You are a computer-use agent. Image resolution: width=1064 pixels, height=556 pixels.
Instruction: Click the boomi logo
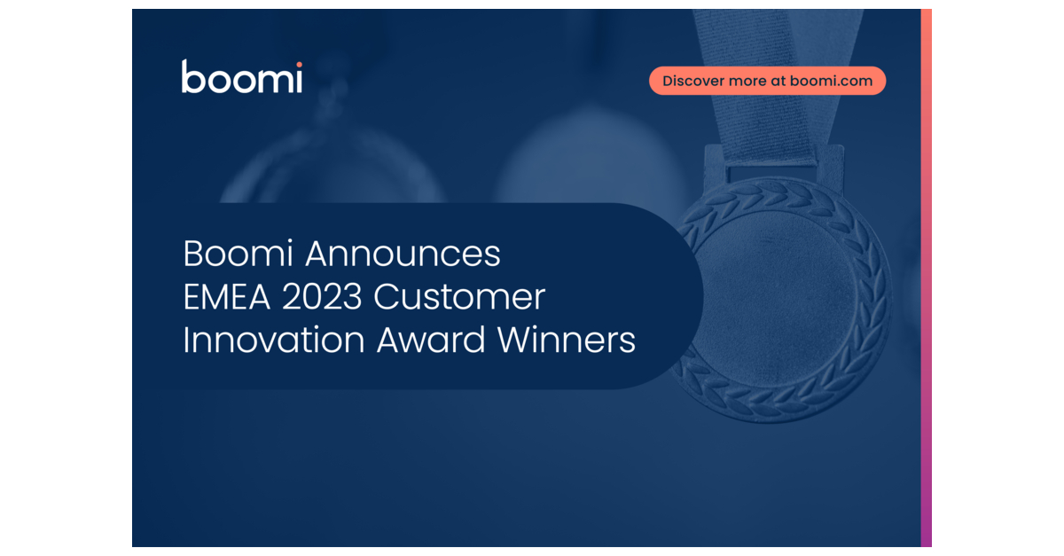[x=241, y=77]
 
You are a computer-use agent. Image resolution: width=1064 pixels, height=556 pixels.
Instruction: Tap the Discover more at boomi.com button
[x=767, y=81]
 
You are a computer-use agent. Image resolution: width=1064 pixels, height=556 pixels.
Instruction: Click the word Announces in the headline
[x=403, y=255]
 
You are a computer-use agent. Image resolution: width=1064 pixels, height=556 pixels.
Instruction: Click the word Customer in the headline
[x=459, y=298]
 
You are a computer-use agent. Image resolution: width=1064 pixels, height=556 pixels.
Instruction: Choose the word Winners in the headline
[x=567, y=341]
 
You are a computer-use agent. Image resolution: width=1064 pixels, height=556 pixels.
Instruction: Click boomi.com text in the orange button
[x=831, y=81]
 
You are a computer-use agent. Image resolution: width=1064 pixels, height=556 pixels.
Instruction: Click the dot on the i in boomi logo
[x=298, y=65]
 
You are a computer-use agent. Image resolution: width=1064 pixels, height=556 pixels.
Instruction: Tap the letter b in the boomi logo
[x=192, y=77]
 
